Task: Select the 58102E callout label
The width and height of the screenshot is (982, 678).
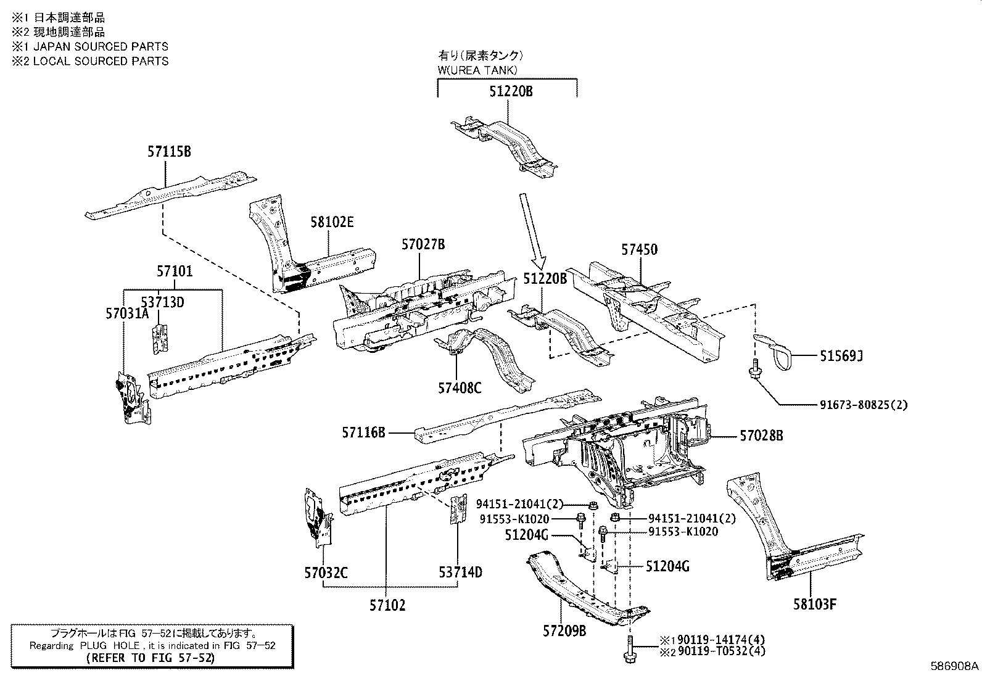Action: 332,222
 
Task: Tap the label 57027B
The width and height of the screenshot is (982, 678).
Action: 423,244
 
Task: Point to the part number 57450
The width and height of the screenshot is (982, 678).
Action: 639,250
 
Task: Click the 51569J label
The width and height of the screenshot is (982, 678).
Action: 841,356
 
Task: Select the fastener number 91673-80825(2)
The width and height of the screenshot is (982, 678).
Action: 864,405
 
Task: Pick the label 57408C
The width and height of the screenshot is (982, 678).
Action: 460,388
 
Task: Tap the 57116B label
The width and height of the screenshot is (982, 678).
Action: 364,434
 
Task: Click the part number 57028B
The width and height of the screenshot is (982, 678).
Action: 761,436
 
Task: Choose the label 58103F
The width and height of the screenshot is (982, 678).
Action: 815,605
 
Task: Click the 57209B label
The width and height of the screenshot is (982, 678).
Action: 564,631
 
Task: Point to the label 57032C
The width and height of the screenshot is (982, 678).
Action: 325,573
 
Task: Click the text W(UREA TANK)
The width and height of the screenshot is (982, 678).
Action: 477,70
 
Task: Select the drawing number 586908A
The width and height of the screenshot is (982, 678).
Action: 954,667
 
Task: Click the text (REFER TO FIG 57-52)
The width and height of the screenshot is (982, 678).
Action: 152,658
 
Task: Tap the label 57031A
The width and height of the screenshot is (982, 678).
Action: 126,313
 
